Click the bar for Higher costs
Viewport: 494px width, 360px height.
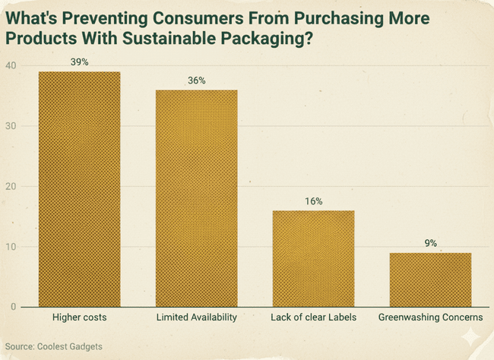[79, 189]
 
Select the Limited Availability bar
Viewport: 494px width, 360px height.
[196, 198]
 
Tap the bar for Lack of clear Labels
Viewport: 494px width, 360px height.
[313, 258]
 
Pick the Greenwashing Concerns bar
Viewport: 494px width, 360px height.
[430, 279]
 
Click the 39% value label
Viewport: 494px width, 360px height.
[79, 62]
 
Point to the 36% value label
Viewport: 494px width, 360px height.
[196, 81]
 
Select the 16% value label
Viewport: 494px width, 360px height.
[313, 201]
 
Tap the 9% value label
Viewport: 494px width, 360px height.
[430, 243]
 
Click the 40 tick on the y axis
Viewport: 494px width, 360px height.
[10, 65]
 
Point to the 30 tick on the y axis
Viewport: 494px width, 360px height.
[10, 126]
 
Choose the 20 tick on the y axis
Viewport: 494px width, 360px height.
[10, 186]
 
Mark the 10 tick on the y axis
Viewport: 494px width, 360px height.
[10, 247]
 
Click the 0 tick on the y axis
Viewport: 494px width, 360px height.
[13, 307]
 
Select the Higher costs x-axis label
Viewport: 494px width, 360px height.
[79, 317]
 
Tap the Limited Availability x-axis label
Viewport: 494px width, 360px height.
[196, 317]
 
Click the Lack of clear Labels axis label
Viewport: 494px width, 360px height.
[313, 317]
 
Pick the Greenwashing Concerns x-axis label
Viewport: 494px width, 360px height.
[430, 317]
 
